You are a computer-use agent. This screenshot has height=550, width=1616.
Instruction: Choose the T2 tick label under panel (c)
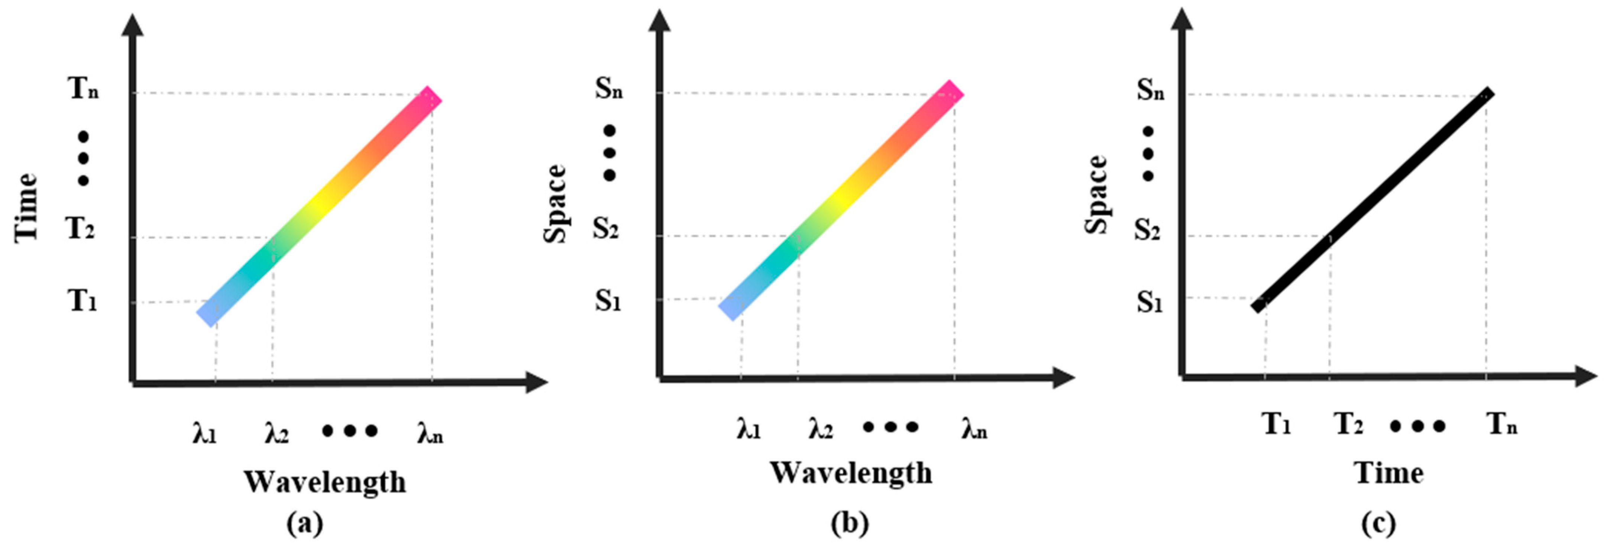pos(1348,425)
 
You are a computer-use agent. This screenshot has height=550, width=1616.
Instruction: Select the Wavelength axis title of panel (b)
pos(851,473)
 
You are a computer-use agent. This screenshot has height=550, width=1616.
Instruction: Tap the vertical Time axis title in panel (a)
pos(26,207)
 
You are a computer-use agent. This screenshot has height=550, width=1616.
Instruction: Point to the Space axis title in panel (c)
pos(1096,194)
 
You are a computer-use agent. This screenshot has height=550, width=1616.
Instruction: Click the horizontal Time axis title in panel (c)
pos(1388,473)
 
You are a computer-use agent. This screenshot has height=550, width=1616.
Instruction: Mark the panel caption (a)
pos(305,523)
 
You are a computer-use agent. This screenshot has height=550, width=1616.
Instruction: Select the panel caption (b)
pos(850,523)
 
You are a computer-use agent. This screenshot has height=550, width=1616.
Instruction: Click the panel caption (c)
pos(1378,523)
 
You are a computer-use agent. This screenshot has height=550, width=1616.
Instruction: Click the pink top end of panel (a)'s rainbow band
pos(430,99)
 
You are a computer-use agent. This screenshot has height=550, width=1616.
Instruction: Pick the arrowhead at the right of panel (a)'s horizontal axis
pos(536,382)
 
